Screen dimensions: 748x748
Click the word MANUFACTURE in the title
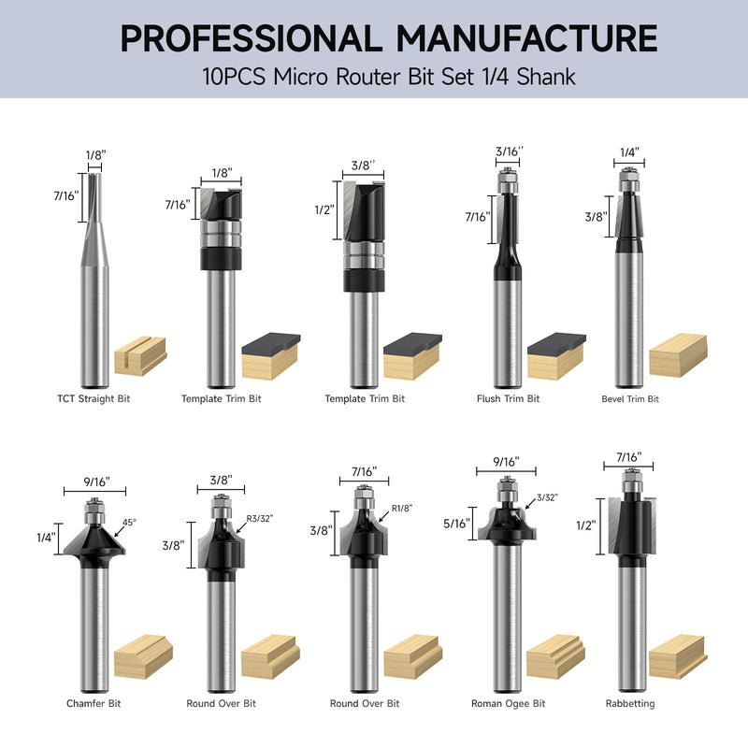[526, 38]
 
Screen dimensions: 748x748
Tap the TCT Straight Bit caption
[93, 399]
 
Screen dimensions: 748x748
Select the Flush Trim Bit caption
[508, 399]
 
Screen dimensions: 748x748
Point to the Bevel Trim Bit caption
[630, 399]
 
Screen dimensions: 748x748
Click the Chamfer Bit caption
[93, 703]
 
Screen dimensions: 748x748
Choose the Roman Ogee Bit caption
[508, 703]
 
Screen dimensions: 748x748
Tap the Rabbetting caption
[630, 703]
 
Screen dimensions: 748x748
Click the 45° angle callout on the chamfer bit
[129, 523]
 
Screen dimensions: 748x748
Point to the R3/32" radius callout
[260, 519]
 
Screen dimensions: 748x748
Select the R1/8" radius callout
[402, 508]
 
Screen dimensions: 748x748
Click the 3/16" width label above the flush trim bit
[509, 151]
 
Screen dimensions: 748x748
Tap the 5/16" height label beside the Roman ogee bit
[456, 524]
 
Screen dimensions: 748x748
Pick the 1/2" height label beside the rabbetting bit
[586, 525]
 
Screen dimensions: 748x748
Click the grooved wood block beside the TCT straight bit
[140, 356]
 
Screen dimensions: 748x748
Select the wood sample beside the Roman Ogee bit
[555, 656]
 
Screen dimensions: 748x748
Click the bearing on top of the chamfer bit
[94, 511]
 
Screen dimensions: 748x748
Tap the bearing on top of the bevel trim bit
[629, 180]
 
